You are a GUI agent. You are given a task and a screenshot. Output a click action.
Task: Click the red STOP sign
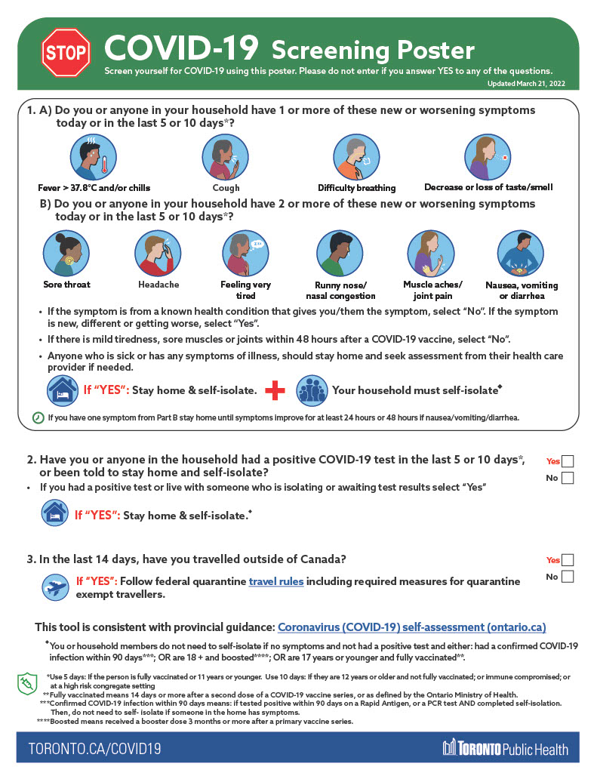point(66,52)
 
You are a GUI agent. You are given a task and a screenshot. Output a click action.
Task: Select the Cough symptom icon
point(225,158)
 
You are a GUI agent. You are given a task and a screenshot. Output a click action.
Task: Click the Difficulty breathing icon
point(355,158)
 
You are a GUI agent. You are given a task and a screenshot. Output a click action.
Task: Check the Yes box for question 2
point(568,461)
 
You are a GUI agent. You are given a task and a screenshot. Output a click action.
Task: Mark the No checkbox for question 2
point(568,478)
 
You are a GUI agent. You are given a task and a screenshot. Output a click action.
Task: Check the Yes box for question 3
point(568,560)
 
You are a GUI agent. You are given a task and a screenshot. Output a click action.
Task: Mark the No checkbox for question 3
point(568,577)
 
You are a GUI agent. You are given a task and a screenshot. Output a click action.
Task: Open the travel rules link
point(276,582)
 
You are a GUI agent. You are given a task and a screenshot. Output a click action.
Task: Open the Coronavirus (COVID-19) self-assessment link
point(411,627)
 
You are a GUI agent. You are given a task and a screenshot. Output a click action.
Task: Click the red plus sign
point(276,390)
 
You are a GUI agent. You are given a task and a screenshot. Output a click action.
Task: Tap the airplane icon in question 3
point(56,586)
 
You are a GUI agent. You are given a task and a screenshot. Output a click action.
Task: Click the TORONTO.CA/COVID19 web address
point(94,749)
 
